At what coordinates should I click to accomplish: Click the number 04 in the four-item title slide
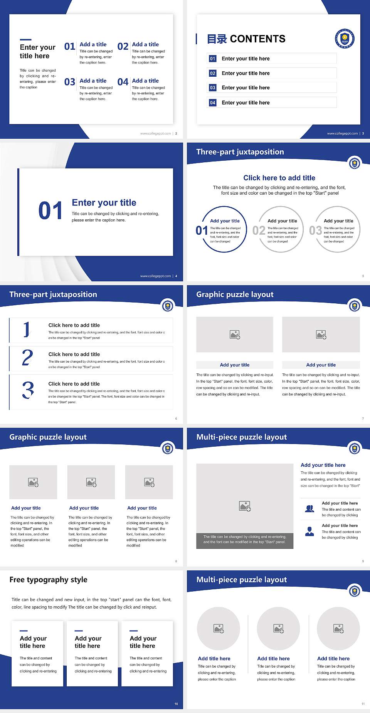pyautogui.click(x=123, y=82)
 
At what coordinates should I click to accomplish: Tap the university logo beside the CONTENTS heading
pyautogui.click(x=345, y=39)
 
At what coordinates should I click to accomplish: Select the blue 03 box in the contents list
pyautogui.click(x=213, y=88)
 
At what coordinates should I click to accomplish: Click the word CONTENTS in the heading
pyautogui.click(x=257, y=39)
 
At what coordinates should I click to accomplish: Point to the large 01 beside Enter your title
pyautogui.click(x=50, y=211)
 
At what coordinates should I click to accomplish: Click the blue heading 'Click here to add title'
pyautogui.click(x=279, y=178)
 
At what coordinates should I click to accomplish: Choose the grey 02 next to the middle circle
pyautogui.click(x=259, y=230)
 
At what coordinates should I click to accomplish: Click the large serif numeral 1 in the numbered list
pyautogui.click(x=27, y=330)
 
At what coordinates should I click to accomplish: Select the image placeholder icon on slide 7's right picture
pyautogui.click(x=321, y=335)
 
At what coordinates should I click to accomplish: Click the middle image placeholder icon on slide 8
pyautogui.click(x=91, y=482)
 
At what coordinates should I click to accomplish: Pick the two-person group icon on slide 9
pyautogui.click(x=309, y=509)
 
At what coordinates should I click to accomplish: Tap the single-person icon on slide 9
pyautogui.click(x=309, y=531)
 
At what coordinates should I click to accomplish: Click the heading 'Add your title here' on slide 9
pyautogui.click(x=323, y=465)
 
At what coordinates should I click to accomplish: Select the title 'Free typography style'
pyautogui.click(x=48, y=580)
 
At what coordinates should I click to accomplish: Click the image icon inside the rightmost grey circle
pyautogui.click(x=338, y=629)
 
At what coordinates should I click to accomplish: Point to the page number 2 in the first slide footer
pyautogui.click(x=176, y=133)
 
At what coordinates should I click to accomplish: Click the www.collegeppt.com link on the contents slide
pyautogui.click(x=342, y=133)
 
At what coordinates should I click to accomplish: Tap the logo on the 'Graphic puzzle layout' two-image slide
pyautogui.click(x=355, y=306)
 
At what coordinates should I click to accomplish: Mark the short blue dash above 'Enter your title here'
pyautogui.click(x=25, y=39)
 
